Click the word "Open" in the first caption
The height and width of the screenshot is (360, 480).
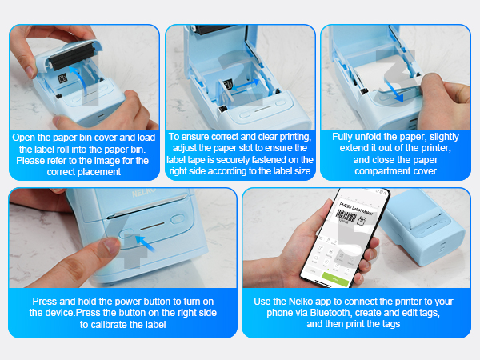[x=26, y=137]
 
